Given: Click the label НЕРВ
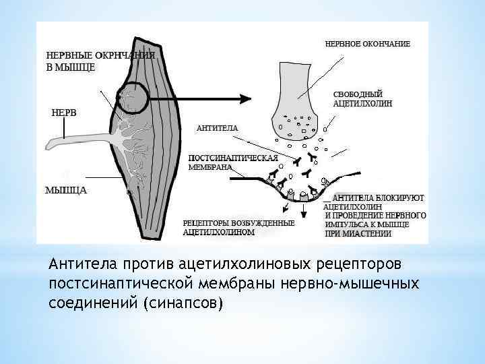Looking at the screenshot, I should coord(63,113).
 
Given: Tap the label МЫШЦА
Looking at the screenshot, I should coord(66,190).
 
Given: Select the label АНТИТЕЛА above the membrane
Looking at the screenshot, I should coord(217,127).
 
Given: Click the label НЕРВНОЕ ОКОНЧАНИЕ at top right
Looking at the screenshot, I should coord(368,44).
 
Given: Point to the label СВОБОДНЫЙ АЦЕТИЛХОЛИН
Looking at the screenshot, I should coord(363,98).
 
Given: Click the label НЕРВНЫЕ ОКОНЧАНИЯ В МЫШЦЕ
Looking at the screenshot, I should coord(101,61).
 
